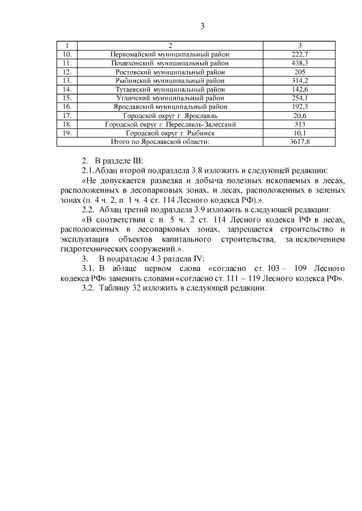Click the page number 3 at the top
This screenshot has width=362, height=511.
[202, 25]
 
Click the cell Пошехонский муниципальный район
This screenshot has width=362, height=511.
[170, 63]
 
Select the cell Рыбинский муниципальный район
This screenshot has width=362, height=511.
[170, 81]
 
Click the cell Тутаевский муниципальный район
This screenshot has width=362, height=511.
[170, 89]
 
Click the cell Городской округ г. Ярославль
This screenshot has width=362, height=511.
[170, 115]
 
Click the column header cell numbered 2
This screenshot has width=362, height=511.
[170, 46]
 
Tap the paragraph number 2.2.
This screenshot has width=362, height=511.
[88, 209]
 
